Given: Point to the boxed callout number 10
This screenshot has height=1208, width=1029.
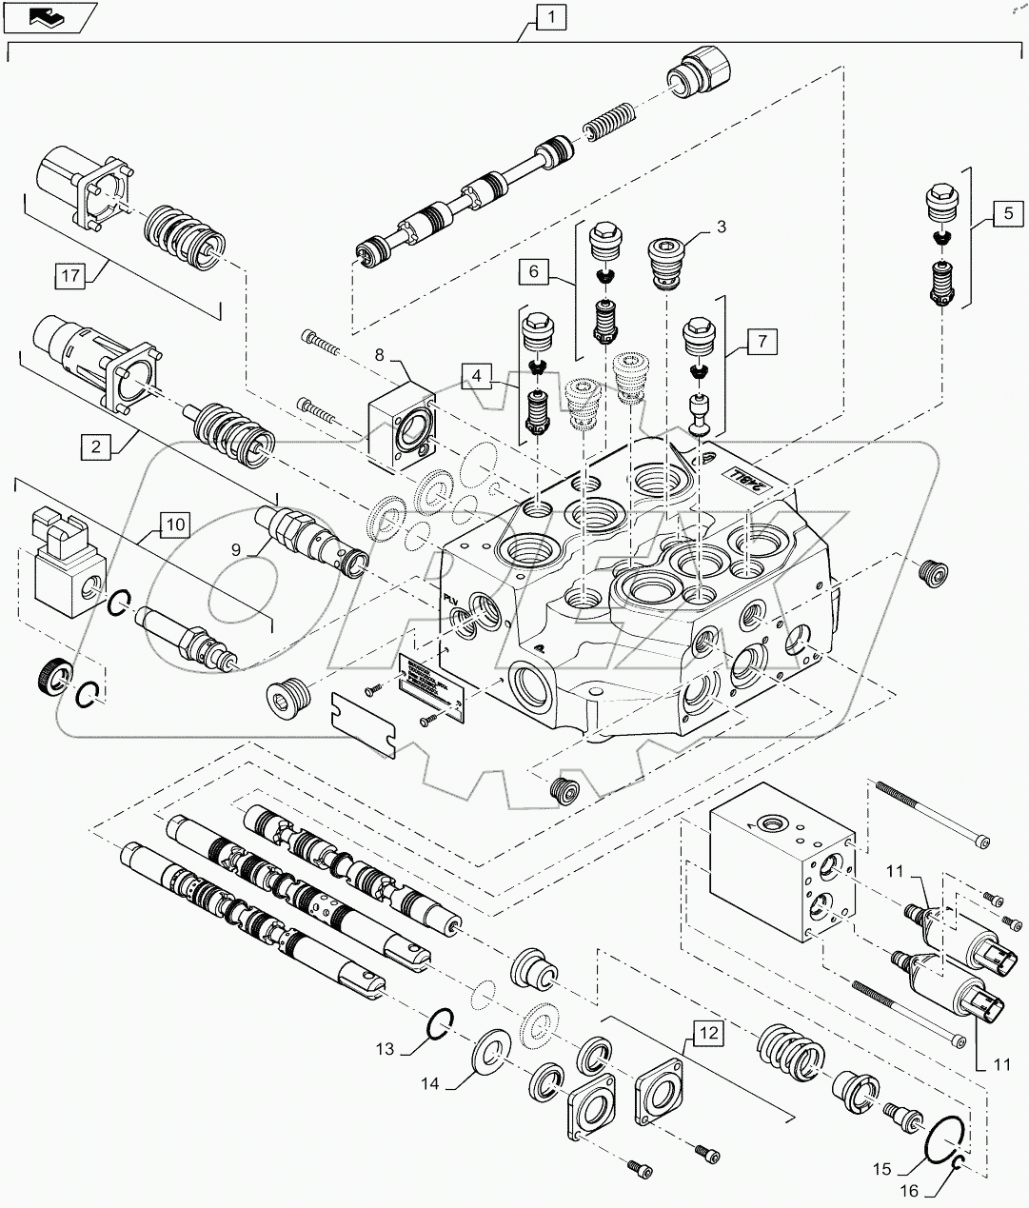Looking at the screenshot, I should tap(175, 524).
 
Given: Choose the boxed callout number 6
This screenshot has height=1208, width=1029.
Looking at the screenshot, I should tap(533, 271).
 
